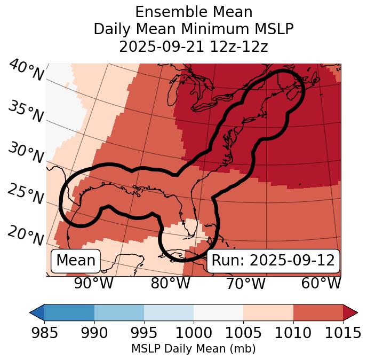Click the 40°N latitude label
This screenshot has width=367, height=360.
[x=26, y=70]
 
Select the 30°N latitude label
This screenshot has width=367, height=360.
[x=25, y=153]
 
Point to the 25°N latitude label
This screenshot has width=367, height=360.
[x=25, y=194]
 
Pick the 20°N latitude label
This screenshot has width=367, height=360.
[x=25, y=235]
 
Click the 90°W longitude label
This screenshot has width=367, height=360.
[x=93, y=284]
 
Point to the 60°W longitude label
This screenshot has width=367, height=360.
[x=321, y=284]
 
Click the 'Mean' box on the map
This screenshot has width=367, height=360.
[x=76, y=261]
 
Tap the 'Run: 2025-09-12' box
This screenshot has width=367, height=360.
[x=273, y=261]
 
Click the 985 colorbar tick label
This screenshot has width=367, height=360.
[x=45, y=333]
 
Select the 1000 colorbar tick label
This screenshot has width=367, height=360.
[x=194, y=333]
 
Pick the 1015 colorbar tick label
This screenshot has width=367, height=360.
[x=342, y=333]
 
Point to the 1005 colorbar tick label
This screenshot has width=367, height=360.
[x=243, y=333]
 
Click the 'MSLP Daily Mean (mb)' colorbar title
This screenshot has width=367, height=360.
[x=194, y=349]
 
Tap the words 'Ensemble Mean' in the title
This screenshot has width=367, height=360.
[x=194, y=12]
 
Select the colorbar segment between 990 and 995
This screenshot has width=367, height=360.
[x=119, y=312]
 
